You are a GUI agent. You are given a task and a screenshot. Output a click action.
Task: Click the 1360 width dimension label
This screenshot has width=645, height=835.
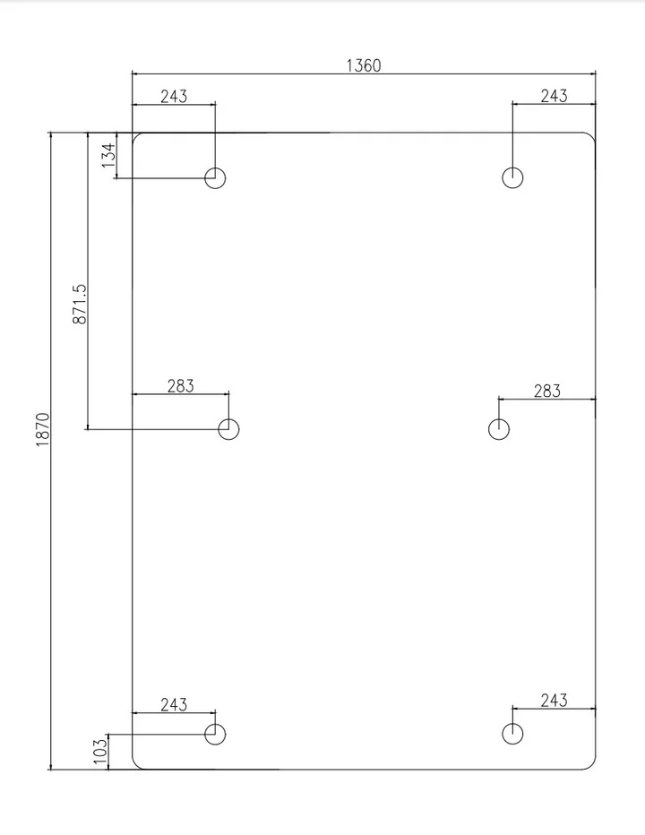[364, 65]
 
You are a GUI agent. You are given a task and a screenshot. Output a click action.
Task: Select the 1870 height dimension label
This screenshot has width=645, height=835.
[43, 429]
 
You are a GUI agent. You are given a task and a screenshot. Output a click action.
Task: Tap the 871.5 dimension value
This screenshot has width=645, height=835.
[80, 304]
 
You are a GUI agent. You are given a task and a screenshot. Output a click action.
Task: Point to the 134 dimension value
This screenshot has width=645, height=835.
[108, 155]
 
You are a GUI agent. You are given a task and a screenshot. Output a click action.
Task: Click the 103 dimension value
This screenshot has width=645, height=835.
[100, 751]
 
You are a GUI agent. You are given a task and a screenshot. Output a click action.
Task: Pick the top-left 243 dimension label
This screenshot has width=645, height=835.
[174, 97]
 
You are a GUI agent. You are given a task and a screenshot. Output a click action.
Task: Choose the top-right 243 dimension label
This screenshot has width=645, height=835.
[554, 96]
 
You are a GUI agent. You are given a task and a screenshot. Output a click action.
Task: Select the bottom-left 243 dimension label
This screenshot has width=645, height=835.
[174, 704]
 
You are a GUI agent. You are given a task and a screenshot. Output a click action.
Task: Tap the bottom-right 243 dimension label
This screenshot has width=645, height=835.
[554, 701]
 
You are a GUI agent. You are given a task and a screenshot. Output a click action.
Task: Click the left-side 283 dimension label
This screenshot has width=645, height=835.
[181, 386]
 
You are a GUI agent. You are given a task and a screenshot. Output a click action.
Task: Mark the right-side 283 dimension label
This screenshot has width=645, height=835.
[547, 391]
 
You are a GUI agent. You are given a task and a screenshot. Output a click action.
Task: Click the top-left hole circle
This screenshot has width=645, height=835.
[215, 168]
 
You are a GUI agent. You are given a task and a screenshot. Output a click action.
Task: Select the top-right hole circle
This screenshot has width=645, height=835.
[512, 168]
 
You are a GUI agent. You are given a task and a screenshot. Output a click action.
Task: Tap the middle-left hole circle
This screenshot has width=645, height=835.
[228, 418]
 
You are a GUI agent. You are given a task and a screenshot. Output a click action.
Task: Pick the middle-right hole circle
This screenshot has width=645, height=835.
[498, 418]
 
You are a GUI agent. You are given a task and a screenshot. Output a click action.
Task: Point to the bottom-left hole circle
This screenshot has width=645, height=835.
[215, 724]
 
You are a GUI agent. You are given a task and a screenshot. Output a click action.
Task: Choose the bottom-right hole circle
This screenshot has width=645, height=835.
[512, 723]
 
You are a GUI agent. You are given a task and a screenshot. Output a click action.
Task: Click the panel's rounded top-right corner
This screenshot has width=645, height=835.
[592, 136]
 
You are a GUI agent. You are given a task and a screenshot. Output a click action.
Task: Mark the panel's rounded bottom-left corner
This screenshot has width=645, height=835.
[136, 765]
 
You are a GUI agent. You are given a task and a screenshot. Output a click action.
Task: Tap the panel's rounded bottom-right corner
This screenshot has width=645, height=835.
[592, 765]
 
